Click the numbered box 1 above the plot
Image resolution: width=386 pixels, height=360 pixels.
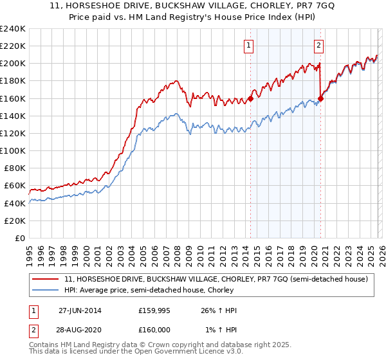249,45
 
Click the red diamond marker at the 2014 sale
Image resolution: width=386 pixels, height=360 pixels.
251,98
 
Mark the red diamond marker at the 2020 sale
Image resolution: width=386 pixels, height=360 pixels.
321,98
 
